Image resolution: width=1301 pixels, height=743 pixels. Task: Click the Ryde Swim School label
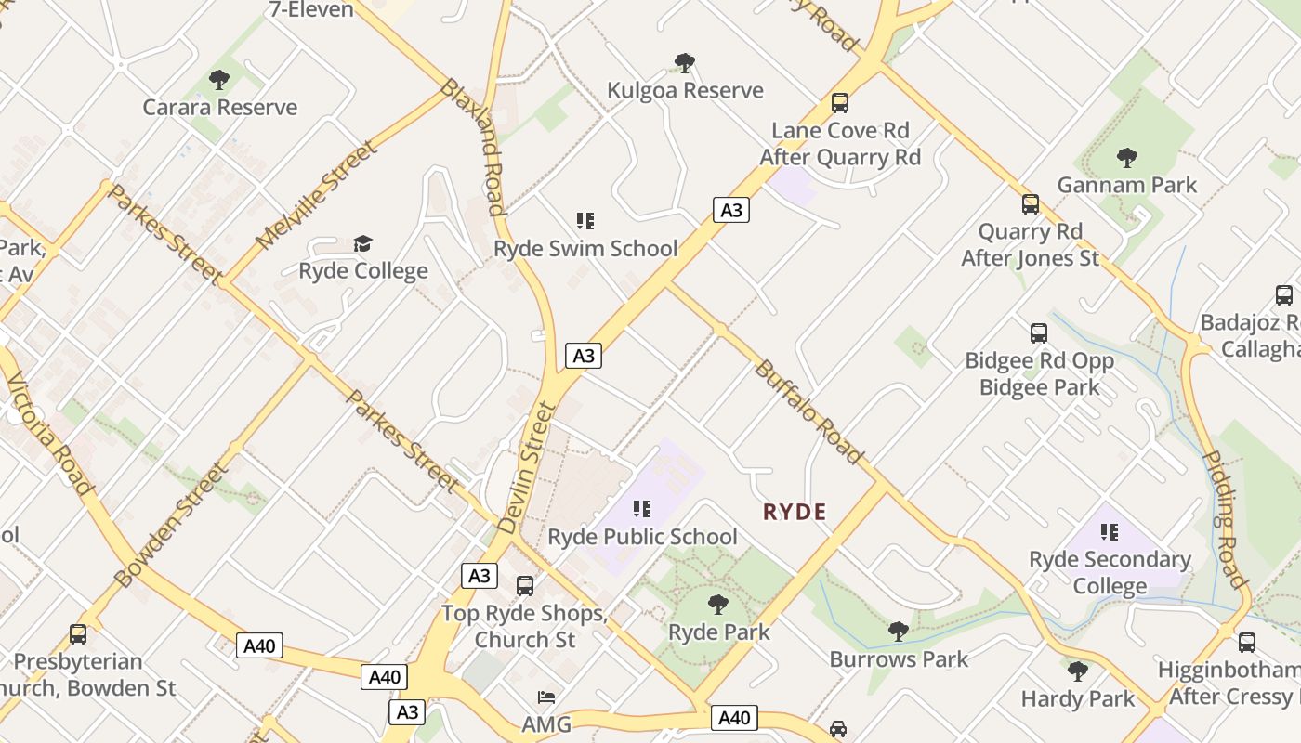(585, 249)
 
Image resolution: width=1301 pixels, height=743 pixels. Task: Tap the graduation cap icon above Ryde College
(363, 243)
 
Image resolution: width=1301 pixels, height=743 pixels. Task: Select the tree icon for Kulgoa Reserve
(685, 63)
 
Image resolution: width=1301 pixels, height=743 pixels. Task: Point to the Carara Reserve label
(220, 108)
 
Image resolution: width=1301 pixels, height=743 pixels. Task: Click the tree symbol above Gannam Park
(1127, 157)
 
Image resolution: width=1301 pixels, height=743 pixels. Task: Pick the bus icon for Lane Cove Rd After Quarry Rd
(840, 103)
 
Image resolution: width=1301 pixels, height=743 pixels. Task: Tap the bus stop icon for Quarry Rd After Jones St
(1031, 204)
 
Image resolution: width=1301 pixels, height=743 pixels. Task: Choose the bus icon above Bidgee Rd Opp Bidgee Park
(1039, 332)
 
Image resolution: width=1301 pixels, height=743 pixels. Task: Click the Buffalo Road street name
(808, 411)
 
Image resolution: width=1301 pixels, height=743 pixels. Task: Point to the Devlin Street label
(527, 467)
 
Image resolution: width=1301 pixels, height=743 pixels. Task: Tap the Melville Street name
(317, 195)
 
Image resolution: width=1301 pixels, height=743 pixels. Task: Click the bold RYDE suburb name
(795, 512)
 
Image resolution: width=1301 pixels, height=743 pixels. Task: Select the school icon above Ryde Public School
(641, 509)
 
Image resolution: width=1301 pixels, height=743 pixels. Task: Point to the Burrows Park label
(899, 659)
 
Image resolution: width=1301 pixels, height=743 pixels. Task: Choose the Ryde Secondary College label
(1110, 573)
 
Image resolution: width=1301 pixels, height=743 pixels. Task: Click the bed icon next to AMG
(546, 697)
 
